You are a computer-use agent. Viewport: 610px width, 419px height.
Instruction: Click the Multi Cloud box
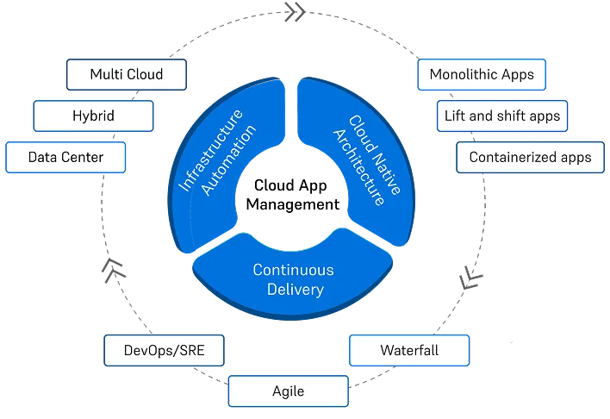click(127, 74)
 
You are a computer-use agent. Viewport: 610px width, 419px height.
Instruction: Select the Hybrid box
click(93, 116)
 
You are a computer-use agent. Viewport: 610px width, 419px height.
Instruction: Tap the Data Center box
click(65, 157)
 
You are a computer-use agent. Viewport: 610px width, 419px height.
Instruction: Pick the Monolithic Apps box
click(481, 74)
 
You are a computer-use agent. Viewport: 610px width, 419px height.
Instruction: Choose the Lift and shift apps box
click(501, 116)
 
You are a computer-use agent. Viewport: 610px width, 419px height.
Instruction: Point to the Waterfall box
click(409, 351)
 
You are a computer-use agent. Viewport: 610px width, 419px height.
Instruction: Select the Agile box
click(288, 391)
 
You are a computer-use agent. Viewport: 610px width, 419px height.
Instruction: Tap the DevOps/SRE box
click(165, 351)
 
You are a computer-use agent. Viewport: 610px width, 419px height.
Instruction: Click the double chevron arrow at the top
click(293, 12)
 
